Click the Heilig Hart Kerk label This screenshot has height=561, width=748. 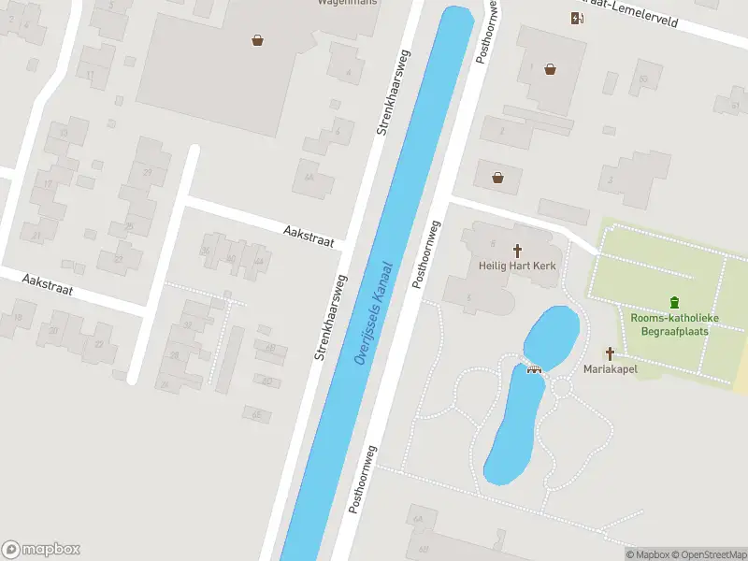517,266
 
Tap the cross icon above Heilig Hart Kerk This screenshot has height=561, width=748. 517,250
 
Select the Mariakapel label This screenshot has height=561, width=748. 610,369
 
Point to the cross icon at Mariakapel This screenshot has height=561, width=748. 610,353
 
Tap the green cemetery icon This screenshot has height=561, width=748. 674,302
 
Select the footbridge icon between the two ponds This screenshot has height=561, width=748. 535,367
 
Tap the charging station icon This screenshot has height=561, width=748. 577,18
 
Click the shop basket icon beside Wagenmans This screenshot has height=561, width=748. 257,39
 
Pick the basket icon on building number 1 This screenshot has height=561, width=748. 551,68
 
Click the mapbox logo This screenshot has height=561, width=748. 41,549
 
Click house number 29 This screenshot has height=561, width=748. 147,173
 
